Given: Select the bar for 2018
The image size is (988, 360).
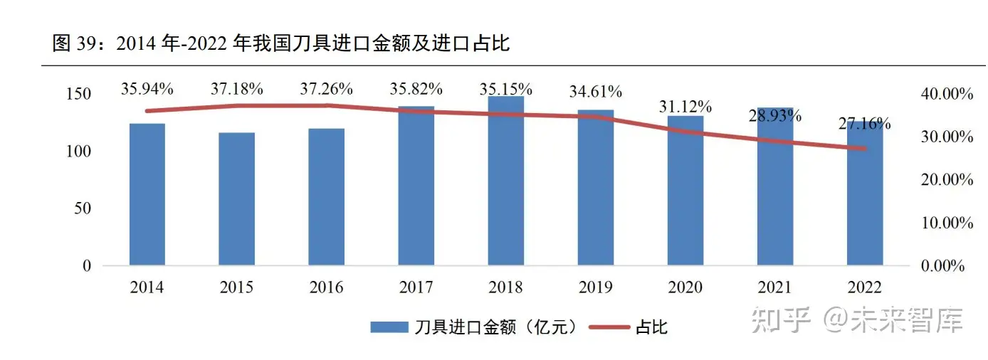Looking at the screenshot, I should point(505,181).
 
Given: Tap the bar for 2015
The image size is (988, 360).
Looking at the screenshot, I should point(236,199).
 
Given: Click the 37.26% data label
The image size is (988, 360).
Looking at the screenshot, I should point(327,89).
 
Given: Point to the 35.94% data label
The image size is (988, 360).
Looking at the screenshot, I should point(147,89).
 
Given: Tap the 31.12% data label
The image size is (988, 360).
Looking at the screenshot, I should point(685,107).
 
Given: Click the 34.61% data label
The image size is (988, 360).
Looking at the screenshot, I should point(596,92).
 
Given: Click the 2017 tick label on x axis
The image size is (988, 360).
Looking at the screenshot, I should point(416,287).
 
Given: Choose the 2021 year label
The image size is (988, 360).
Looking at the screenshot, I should point(774,287).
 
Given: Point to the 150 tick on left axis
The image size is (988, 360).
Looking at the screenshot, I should point(80,94).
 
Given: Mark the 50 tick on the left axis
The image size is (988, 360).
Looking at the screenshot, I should point(84,208).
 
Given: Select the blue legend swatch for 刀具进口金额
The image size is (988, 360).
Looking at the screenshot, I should point(389,327).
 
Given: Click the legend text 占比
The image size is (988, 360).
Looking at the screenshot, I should point(651,327).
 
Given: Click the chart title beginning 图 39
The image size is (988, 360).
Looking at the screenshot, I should point(281,44).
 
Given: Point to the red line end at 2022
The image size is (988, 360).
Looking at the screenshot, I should point(864,149).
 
